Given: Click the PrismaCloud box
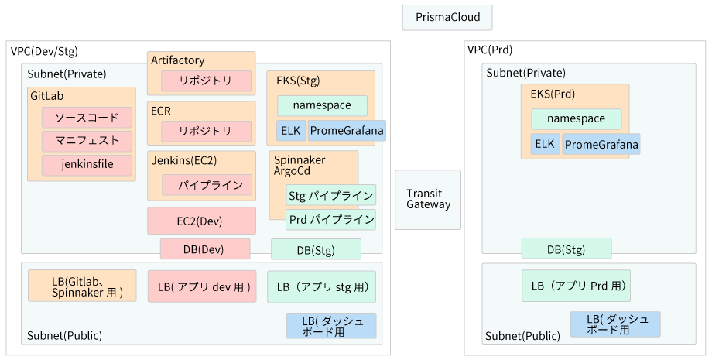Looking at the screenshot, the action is (447, 18).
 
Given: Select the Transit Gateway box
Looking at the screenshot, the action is (428, 200).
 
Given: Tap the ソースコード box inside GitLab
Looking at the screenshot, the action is (87, 118).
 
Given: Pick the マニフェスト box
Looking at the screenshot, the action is (87, 141).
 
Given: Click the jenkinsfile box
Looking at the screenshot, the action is (87, 165).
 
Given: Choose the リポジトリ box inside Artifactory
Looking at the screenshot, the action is (206, 81).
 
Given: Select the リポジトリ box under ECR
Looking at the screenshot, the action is (206, 131).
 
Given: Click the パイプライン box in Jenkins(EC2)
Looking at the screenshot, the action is (207, 185).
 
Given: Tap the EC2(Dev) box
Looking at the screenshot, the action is (202, 221).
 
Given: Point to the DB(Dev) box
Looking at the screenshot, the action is (205, 249).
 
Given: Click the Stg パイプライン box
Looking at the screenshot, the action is (331, 196).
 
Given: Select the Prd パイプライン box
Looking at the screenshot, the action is (331, 220).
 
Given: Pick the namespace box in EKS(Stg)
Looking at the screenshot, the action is (323, 106).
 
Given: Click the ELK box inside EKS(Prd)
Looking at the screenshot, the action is (546, 144).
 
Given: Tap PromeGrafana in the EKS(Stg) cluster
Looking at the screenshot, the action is (347, 131).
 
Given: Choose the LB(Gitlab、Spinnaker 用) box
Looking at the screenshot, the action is (82, 286).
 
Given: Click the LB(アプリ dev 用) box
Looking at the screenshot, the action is (202, 287).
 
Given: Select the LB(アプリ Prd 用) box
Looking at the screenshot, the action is (577, 286).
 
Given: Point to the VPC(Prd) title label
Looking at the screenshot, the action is (490, 50).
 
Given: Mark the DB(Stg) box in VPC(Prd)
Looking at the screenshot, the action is (567, 249).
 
